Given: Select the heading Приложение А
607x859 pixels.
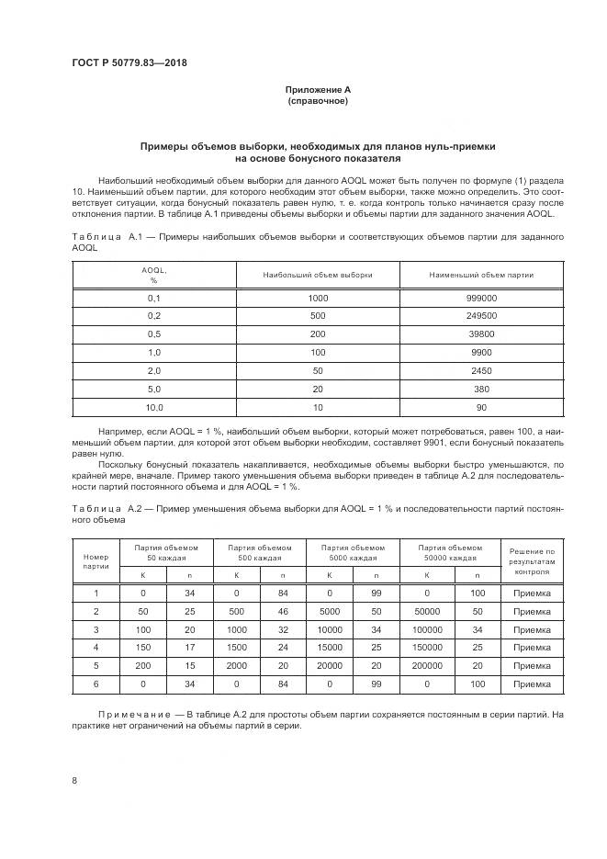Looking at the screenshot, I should click(x=318, y=89).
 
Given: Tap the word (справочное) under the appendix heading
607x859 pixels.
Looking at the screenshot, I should click(x=318, y=101).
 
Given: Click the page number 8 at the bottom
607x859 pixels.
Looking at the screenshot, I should click(x=74, y=780).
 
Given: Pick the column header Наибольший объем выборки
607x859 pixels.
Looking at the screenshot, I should click(x=318, y=275).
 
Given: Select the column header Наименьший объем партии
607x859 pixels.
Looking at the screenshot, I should click(x=481, y=275).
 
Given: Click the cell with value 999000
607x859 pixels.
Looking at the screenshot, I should click(x=481, y=299).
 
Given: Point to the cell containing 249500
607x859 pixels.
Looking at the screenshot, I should click(x=481, y=316).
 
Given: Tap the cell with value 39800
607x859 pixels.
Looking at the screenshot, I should click(x=481, y=334).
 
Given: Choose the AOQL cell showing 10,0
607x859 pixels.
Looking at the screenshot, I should click(x=154, y=406).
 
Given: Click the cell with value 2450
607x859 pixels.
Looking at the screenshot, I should click(x=481, y=370).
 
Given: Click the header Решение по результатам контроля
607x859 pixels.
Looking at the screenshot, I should click(x=533, y=560).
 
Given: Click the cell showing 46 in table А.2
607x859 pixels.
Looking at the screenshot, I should click(x=284, y=611).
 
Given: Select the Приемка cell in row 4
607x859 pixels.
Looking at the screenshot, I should click(x=533, y=647).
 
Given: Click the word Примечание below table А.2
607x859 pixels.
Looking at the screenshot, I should click(x=136, y=714).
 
